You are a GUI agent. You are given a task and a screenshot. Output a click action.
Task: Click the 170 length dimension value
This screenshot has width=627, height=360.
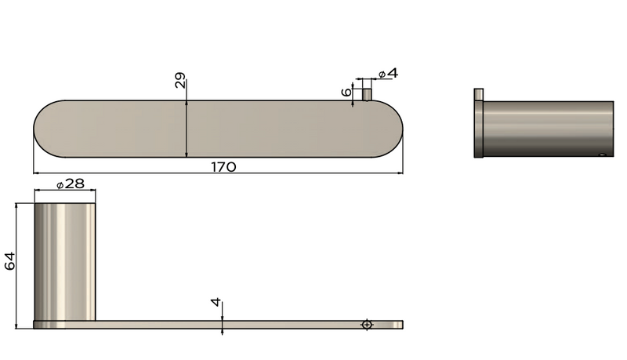(223, 166)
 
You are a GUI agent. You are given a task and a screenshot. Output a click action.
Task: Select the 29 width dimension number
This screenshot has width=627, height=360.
(180, 80)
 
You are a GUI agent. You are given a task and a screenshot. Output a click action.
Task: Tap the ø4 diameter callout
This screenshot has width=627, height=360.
(388, 73)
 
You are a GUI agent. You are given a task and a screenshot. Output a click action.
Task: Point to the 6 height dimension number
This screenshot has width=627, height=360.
(346, 92)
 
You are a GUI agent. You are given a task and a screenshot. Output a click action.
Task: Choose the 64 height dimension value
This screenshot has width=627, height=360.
(10, 261)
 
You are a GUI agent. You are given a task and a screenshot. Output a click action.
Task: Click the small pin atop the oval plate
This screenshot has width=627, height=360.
(366, 94)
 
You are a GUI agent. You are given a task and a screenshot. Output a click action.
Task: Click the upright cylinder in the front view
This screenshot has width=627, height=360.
(65, 260)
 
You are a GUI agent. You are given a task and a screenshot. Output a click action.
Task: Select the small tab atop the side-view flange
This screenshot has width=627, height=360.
(478, 95)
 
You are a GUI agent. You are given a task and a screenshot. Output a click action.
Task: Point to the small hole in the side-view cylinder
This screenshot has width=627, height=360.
(602, 155)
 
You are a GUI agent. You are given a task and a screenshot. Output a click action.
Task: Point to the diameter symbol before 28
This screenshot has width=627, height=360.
(60, 184)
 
